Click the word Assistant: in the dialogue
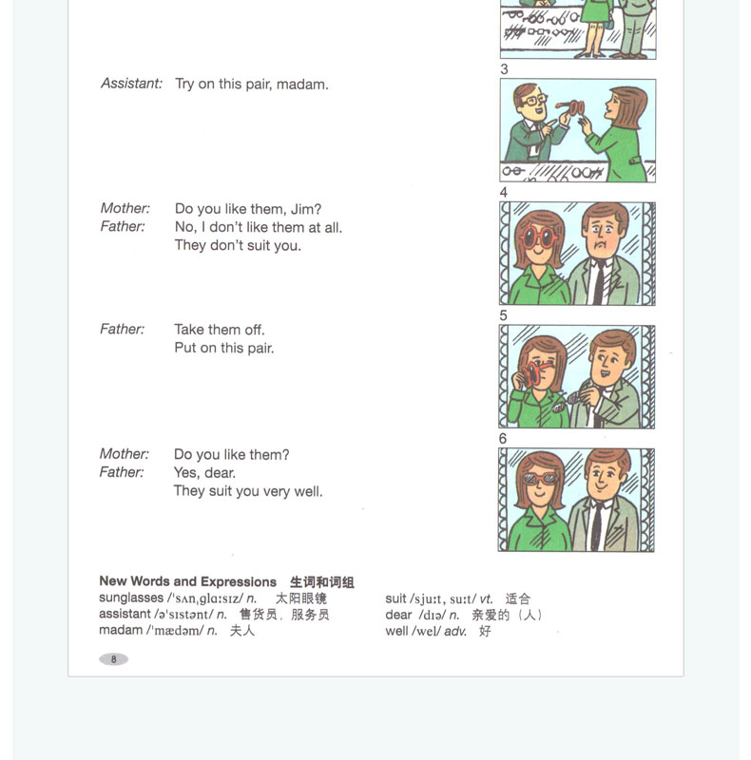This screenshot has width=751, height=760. point(131,84)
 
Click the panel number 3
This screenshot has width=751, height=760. point(504,69)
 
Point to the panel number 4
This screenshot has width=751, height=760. point(504,193)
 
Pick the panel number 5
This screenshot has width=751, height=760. point(503,315)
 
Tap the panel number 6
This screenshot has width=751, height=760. point(503,439)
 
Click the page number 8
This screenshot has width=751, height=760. point(113,659)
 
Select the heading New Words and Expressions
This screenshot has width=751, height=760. point(188,581)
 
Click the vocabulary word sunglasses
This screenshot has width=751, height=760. point(131,598)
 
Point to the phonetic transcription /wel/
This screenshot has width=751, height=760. point(426,631)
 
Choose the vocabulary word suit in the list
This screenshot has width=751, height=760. point(395,598)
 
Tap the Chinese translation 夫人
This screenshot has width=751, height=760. point(242,631)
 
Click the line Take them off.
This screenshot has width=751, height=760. point(220,330)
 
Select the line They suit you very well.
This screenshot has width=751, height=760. point(248,491)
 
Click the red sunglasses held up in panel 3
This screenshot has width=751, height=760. point(571,107)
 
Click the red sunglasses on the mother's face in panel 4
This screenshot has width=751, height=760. point(538,237)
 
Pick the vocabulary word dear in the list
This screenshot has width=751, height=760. point(398,615)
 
